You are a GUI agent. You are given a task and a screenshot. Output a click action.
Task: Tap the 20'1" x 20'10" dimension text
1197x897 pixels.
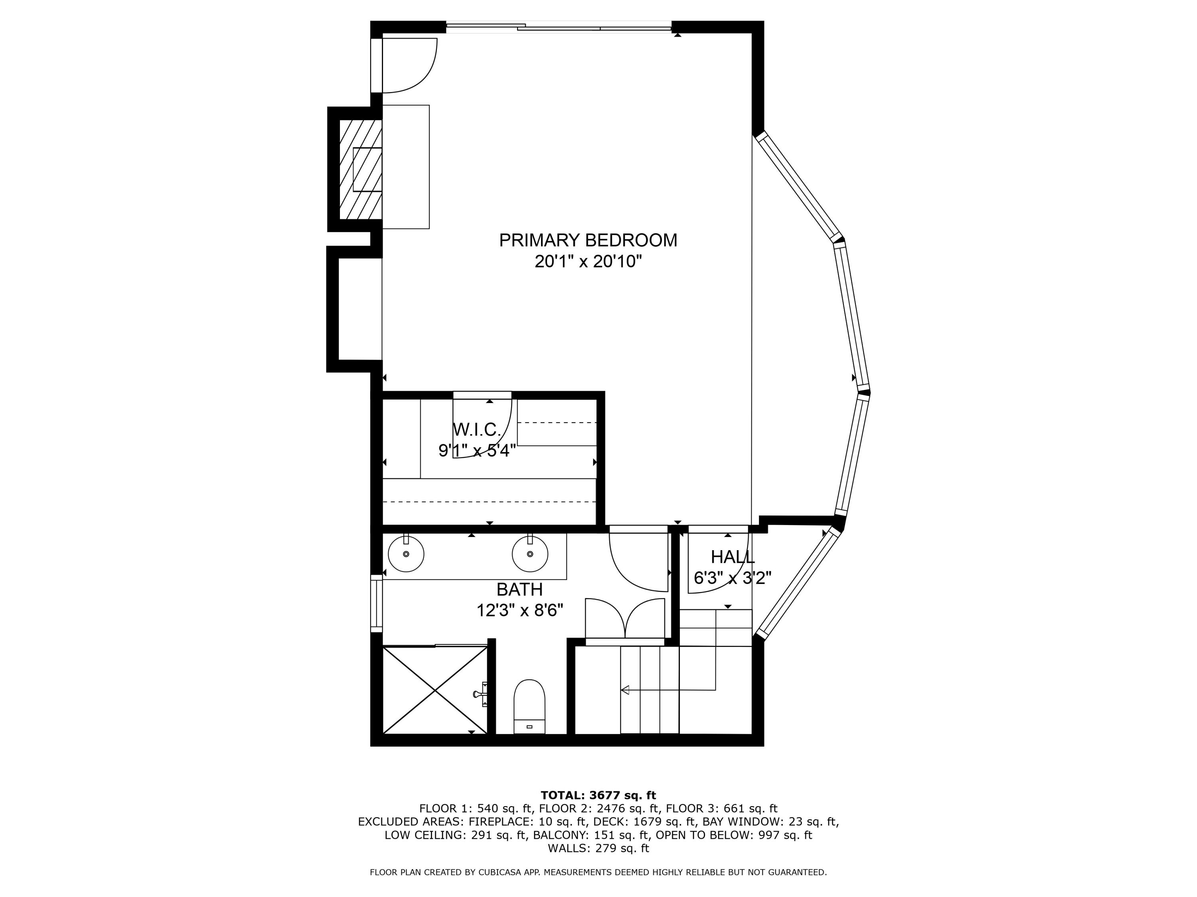(x=588, y=262)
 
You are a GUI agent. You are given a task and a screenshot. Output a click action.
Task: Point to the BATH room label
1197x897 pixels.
(x=519, y=589)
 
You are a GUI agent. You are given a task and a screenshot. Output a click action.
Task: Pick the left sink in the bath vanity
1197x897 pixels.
(x=406, y=554)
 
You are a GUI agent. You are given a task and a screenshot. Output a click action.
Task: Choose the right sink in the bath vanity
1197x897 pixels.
(x=530, y=554)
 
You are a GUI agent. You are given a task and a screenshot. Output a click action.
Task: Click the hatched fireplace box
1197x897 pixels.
(x=360, y=169)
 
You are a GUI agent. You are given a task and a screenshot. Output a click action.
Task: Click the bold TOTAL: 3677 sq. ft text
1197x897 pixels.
(x=598, y=795)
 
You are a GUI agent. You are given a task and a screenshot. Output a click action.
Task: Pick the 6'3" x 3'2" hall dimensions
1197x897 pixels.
(x=733, y=578)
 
